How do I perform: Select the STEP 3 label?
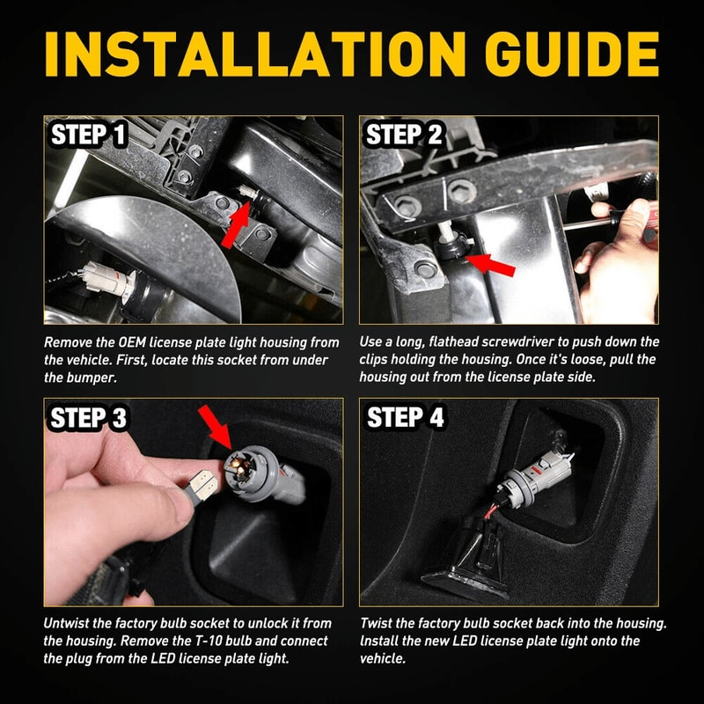coord(88,417)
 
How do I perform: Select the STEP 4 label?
coord(405,417)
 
